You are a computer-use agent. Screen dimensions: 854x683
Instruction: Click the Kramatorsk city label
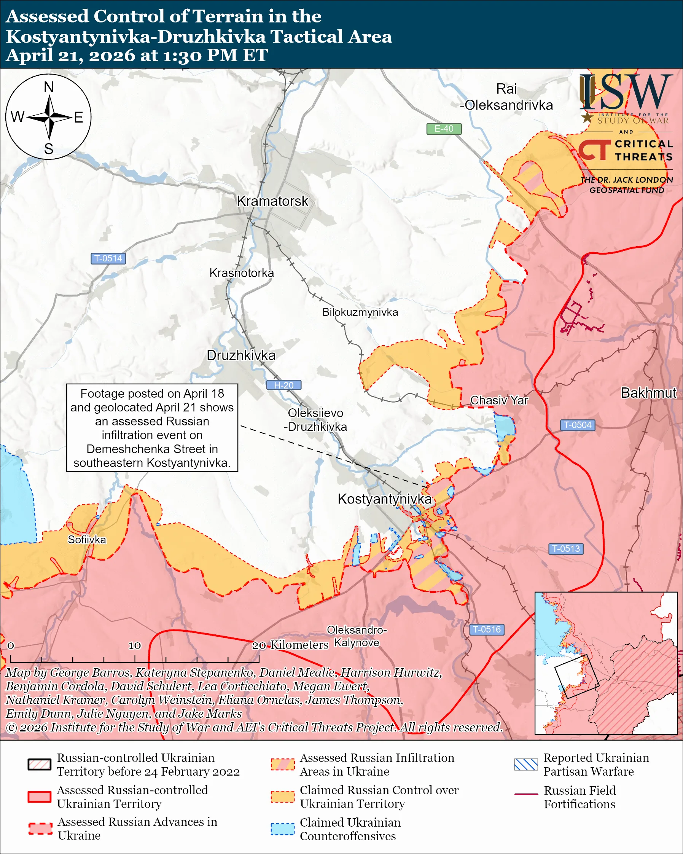click(272, 201)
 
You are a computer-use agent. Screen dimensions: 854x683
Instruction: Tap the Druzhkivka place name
click(241, 355)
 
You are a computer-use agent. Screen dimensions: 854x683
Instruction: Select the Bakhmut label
click(648, 393)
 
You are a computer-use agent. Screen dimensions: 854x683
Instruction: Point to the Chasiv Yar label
click(499, 400)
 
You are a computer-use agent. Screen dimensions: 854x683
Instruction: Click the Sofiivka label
click(87, 540)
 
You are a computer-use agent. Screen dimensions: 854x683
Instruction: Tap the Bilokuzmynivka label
click(360, 312)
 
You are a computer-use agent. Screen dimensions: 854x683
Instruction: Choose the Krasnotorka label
click(242, 273)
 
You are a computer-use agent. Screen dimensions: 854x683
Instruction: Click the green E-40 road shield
click(443, 129)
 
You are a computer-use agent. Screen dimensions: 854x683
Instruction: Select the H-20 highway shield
click(283, 385)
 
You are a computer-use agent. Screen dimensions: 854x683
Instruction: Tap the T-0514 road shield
click(108, 258)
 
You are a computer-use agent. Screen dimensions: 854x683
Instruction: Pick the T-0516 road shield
click(487, 629)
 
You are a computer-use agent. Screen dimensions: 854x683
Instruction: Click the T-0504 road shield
click(577, 425)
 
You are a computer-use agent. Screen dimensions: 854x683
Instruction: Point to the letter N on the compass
click(49, 87)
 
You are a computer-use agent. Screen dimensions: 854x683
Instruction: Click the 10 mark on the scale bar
click(135, 645)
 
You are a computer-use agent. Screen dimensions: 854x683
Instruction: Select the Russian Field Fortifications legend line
click(526, 794)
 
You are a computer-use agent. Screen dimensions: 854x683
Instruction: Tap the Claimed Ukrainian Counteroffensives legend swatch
click(282, 829)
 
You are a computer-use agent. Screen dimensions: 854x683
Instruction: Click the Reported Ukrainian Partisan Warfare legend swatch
click(526, 765)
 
